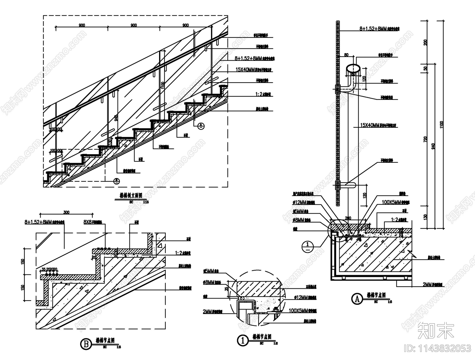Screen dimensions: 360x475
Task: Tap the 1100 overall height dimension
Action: (441, 124)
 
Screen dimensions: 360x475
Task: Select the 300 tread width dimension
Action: (66, 212)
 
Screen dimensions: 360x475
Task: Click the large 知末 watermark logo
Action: (436, 330)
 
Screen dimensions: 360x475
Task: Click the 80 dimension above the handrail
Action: (346, 55)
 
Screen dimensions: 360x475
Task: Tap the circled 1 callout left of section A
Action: (308, 247)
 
